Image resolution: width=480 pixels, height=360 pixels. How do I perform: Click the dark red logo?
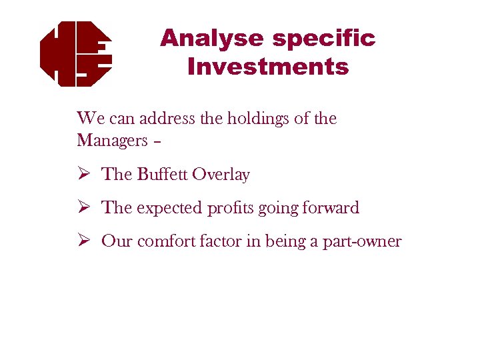pyautogui.click(x=75, y=53)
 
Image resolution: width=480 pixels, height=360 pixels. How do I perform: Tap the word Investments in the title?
pyautogui.click(x=268, y=67)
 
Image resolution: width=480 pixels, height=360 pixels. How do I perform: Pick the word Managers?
pyautogui.click(x=112, y=141)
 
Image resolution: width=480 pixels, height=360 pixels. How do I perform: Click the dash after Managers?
pyautogui.click(x=157, y=142)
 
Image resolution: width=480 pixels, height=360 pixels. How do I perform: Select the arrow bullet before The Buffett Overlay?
pyautogui.click(x=83, y=175)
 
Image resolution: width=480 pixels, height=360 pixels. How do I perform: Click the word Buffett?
pyautogui.click(x=162, y=175)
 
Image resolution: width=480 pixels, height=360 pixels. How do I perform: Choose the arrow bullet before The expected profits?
pyautogui.click(x=83, y=208)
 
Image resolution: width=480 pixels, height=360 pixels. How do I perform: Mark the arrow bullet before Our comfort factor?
pyautogui.click(x=83, y=241)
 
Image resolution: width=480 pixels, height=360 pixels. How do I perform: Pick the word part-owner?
pyautogui.click(x=363, y=242)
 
